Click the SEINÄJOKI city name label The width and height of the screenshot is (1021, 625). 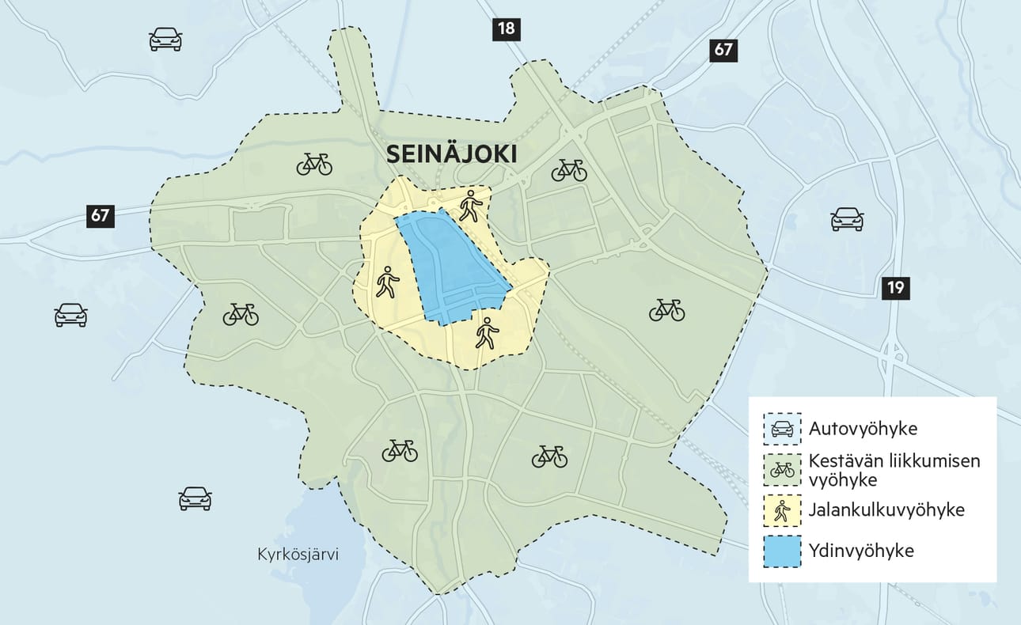click(x=451, y=154)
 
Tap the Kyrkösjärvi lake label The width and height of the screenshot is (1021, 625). click(x=298, y=555)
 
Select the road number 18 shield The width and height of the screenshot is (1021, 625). click(x=506, y=30)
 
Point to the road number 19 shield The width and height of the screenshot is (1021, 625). click(x=895, y=287)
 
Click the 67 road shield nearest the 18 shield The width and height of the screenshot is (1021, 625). click(x=723, y=50)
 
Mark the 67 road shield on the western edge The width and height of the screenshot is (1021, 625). click(x=101, y=215)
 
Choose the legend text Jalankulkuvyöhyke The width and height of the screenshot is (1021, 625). click(x=886, y=510)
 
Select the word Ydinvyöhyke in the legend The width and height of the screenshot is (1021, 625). click(x=861, y=551)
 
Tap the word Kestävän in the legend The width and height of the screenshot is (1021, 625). click(x=842, y=461)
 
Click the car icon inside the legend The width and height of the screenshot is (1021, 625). click(x=782, y=429)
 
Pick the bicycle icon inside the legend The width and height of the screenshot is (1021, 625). click(x=782, y=470)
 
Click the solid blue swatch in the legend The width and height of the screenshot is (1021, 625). click(x=782, y=551)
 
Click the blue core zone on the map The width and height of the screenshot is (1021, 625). click(x=451, y=269)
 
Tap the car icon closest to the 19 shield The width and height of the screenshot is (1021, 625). click(x=846, y=219)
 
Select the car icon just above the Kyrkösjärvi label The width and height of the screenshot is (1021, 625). click(x=195, y=498)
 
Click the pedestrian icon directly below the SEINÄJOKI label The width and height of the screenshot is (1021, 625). click(x=470, y=205)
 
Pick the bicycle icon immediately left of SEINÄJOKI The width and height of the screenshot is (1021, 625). click(x=314, y=164)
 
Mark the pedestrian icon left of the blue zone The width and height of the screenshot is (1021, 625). click(x=387, y=282)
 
